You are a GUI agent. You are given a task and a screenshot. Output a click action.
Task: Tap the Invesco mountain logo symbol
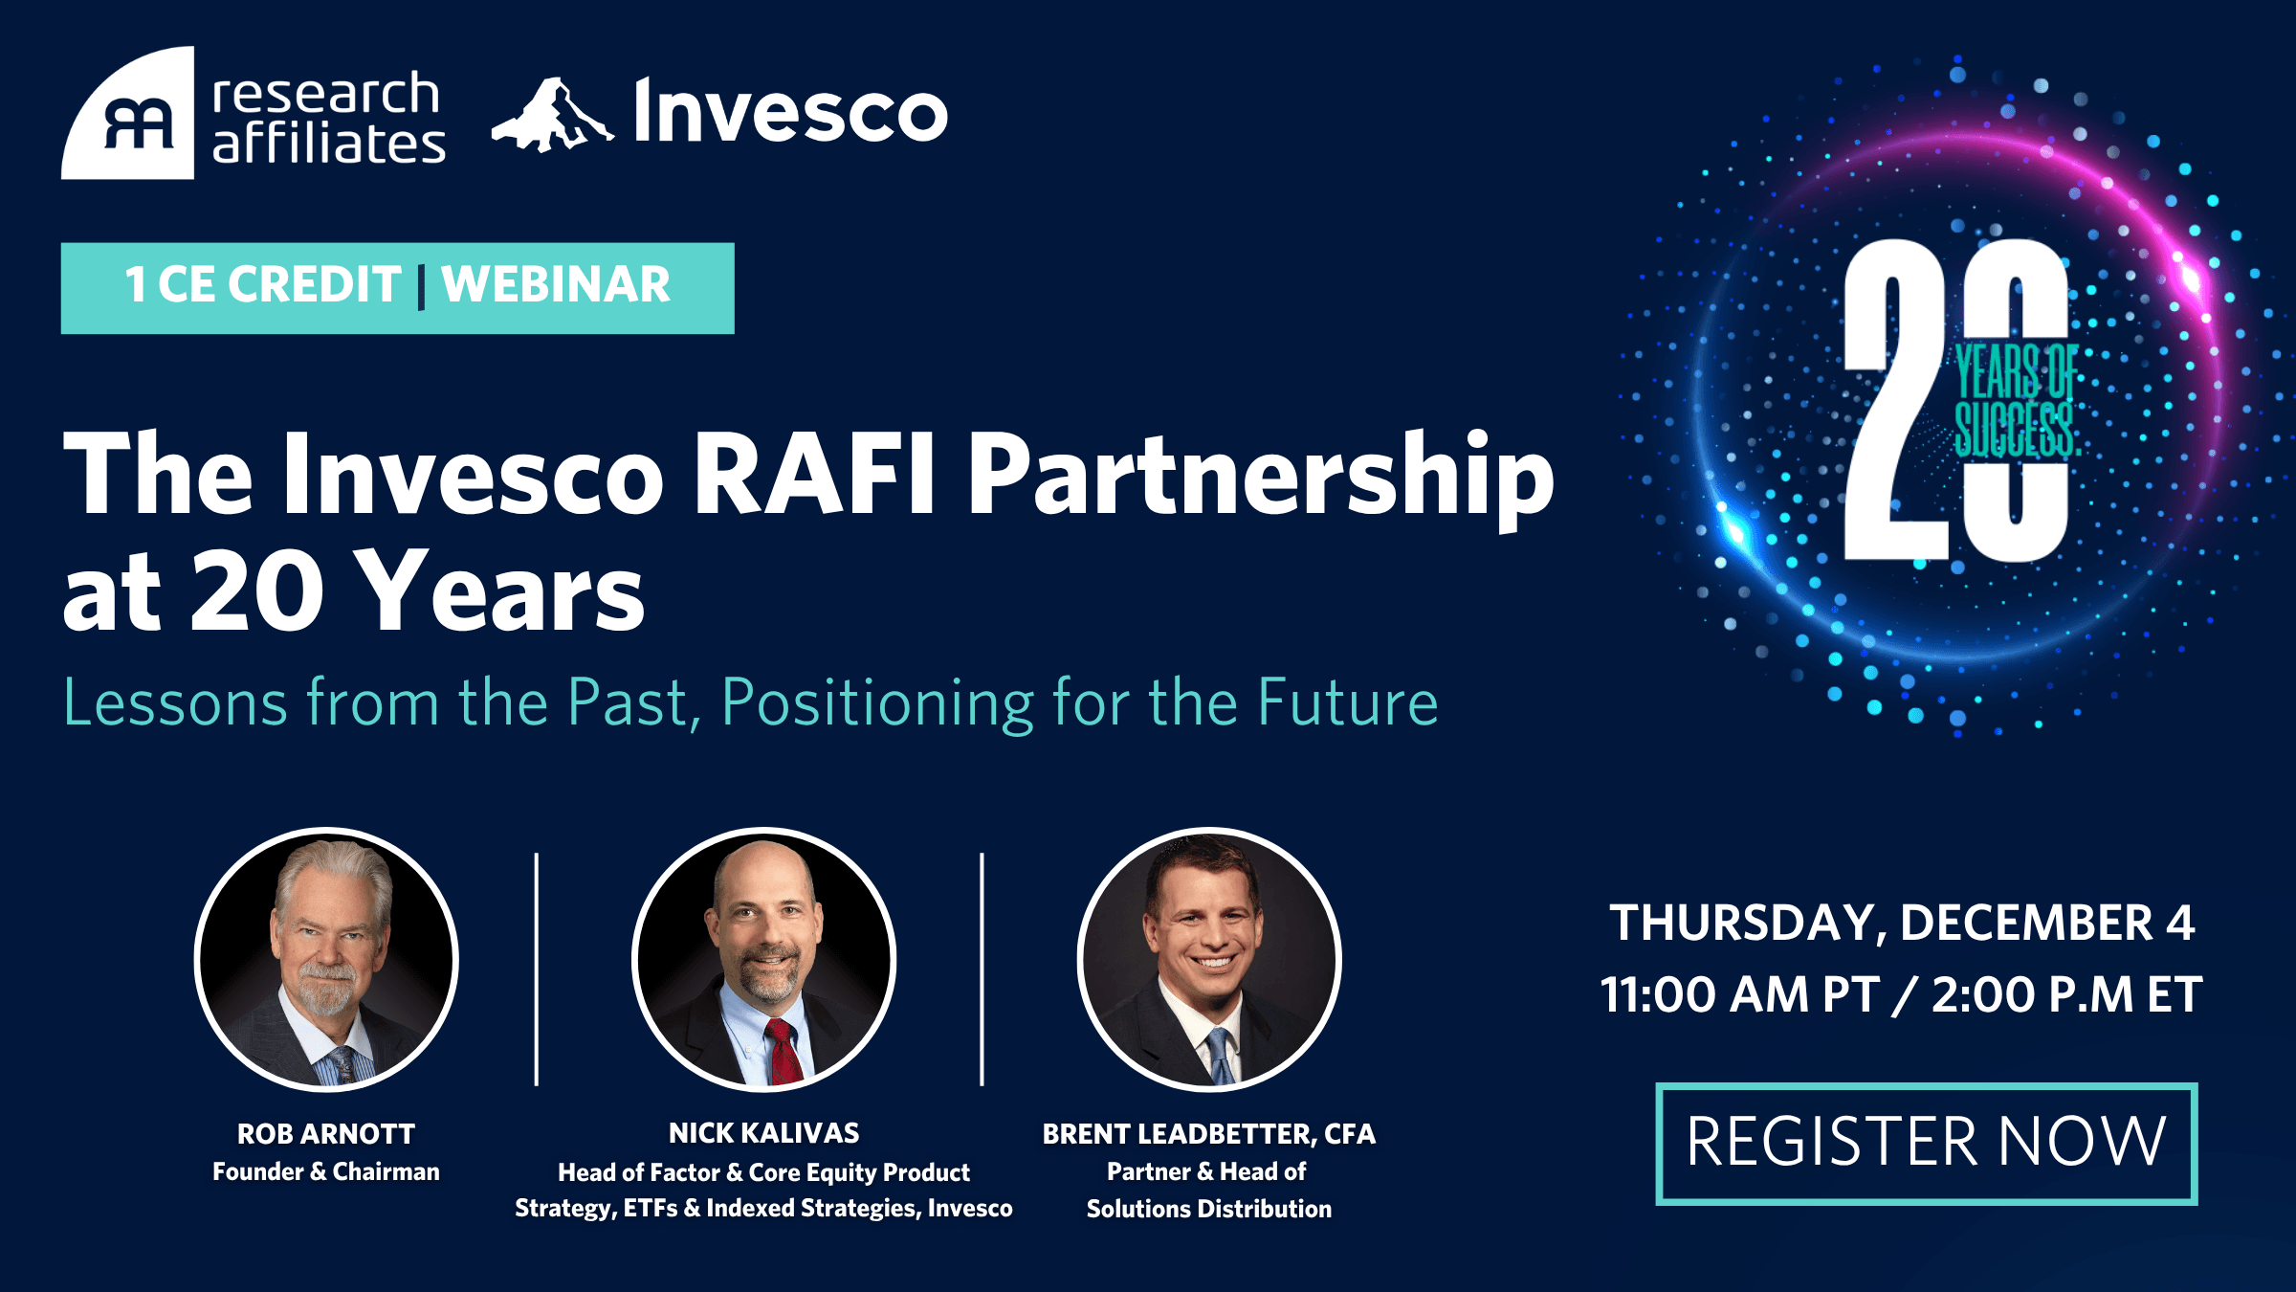(x=552, y=115)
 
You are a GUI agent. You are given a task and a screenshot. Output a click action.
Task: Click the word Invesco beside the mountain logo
(x=790, y=111)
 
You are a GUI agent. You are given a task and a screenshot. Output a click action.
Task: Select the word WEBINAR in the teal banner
(x=555, y=285)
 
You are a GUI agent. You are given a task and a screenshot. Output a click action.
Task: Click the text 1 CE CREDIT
(x=263, y=285)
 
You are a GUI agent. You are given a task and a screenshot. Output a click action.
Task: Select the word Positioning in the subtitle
(x=877, y=704)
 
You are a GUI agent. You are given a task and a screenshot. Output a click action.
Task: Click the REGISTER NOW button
(x=1927, y=1144)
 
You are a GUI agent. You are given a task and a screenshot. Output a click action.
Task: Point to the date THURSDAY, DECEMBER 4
(x=1902, y=924)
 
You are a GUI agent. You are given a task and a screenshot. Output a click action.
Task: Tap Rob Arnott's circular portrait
(x=326, y=959)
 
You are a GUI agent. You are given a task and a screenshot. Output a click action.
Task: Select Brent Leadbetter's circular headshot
(x=1209, y=959)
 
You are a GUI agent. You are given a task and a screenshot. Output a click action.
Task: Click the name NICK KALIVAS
(x=763, y=1133)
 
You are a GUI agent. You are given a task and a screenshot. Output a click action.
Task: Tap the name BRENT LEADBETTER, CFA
(x=1209, y=1134)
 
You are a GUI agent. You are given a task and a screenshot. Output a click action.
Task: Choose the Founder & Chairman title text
(x=326, y=1171)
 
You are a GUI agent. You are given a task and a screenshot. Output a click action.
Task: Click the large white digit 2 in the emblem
(x=1896, y=400)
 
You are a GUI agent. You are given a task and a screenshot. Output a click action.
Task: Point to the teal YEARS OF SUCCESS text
(x=2015, y=400)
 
